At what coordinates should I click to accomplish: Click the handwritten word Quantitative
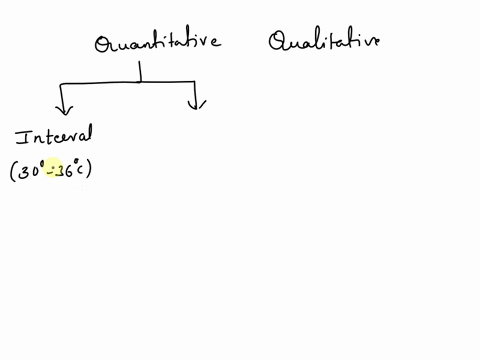pos(157,43)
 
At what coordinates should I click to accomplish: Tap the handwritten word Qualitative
pos(323,42)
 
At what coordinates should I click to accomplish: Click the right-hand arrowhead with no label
pos(197,101)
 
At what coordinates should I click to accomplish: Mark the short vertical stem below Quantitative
pos(141,71)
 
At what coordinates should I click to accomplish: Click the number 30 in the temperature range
pos(31,171)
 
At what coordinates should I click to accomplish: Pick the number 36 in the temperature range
pos(64,171)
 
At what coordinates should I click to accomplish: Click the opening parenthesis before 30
pos(13,172)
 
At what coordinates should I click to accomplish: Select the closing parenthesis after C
pos(89,171)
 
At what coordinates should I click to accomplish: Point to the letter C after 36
pos(80,171)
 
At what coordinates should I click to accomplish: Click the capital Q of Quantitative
pos(102,45)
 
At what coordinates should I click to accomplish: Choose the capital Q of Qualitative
pos(278,42)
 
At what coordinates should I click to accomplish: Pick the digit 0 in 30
pos(36,171)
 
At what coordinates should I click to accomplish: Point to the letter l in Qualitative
pos(318,41)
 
